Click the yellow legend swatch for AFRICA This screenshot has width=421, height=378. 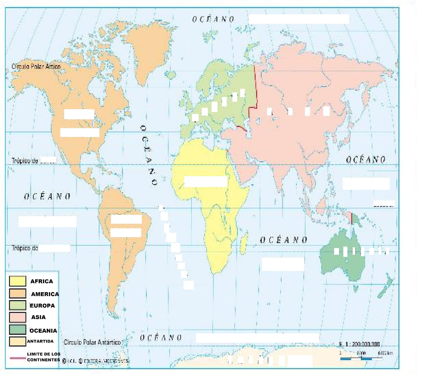[17, 281]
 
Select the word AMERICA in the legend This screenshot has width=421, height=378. [45, 294]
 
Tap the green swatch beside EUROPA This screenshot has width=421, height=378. [17, 305]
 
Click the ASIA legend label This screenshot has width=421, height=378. [38, 317]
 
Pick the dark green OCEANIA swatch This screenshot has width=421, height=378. [17, 329]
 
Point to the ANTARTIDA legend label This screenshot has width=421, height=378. [40, 341]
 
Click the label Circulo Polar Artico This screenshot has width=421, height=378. [36, 66]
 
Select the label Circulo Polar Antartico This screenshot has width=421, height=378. [92, 342]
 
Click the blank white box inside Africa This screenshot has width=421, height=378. [206, 182]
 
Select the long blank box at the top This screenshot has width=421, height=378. [299, 19]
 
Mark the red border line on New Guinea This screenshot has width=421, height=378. [352, 219]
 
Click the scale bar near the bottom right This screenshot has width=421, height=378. [361, 358]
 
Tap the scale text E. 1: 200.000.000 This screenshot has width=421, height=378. [359, 344]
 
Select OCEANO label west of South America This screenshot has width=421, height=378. [47, 196]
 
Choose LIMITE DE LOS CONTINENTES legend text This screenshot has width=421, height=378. [44, 357]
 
